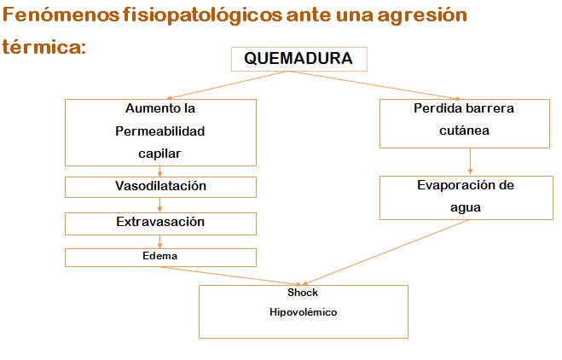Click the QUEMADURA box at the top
click(299, 59)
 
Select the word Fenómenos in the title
click(61, 15)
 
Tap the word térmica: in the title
click(44, 47)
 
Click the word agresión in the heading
click(422, 16)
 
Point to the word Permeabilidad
click(159, 131)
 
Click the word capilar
click(159, 154)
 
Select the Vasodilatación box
click(160, 187)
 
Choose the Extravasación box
click(160, 224)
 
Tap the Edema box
click(160, 258)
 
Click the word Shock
click(303, 293)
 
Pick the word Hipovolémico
click(304, 312)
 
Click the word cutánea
click(464, 131)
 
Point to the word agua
click(466, 208)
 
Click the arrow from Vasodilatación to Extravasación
click(159, 205)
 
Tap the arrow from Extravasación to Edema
click(159, 241)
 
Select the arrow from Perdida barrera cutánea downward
click(470, 162)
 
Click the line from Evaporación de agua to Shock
click(385, 253)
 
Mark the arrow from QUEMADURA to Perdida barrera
click(374, 85)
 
